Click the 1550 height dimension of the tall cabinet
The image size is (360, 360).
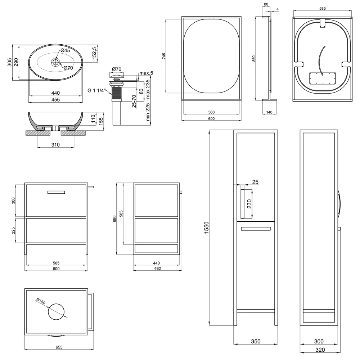tap(206, 228)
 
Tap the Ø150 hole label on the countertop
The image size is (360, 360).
tap(41, 301)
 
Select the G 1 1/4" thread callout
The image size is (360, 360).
tap(96, 90)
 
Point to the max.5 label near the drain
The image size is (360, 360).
tap(146, 73)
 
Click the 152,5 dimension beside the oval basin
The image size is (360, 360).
tap(94, 53)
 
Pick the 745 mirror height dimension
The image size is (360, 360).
tap(164, 56)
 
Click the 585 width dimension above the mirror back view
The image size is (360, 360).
tap(322, 9)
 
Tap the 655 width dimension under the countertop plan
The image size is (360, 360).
tap(59, 347)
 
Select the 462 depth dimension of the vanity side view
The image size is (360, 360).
tap(158, 269)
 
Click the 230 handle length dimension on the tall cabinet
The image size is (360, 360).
tap(249, 204)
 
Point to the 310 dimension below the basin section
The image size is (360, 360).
tap(55, 145)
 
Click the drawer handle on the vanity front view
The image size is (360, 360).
tap(56, 192)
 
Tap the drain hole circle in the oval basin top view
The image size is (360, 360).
tap(56, 62)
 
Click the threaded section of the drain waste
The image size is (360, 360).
tap(116, 94)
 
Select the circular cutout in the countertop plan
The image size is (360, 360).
tap(56, 311)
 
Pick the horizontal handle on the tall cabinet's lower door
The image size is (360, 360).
tap(256, 229)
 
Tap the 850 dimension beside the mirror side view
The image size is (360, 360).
tap(253, 59)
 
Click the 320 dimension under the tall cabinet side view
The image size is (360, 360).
tap(320, 350)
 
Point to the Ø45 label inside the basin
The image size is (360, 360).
tap(65, 50)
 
